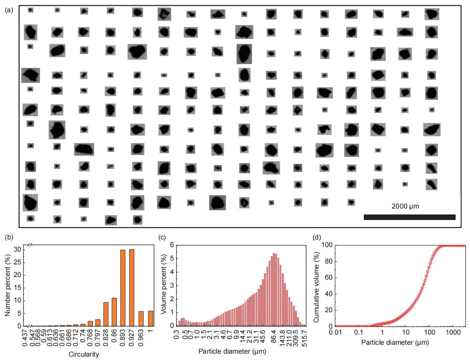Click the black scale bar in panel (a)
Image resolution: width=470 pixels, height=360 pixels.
coord(409,217)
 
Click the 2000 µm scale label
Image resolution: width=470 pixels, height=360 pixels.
coord(405,206)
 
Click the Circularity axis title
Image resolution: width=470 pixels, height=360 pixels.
coord(84,355)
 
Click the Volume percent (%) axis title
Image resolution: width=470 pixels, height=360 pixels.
coord(164,286)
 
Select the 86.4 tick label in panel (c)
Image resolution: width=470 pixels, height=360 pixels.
coord(275,338)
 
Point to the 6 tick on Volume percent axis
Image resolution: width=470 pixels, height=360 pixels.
coord(171,245)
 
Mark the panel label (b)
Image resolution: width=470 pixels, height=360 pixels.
coord(8,236)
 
